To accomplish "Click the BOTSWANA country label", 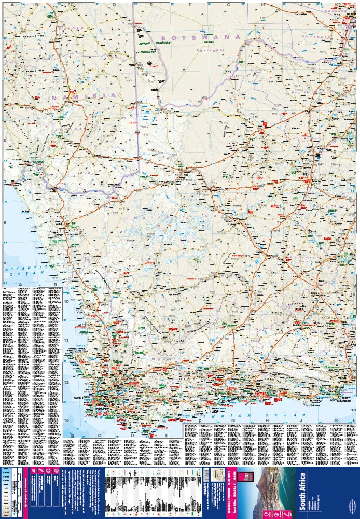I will tap(201, 37).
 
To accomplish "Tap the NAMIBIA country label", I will tap(83, 96).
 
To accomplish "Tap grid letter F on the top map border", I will tap(190, 5).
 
